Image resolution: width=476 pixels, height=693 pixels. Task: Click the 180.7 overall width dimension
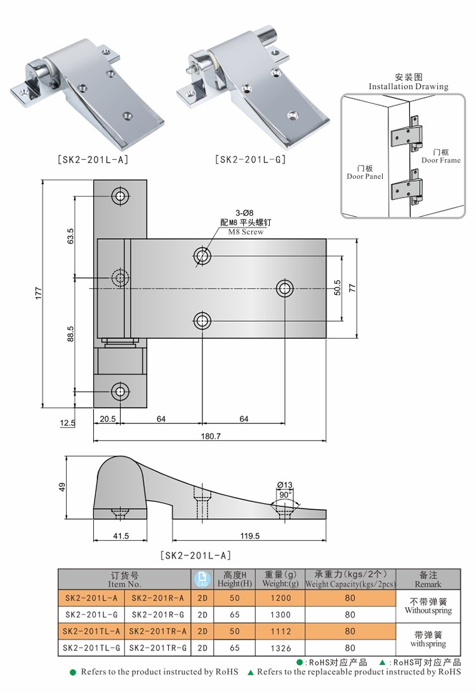(x=209, y=436)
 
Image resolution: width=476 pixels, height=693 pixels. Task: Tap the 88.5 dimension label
(x=70, y=334)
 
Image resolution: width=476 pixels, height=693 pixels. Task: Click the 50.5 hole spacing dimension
(x=337, y=287)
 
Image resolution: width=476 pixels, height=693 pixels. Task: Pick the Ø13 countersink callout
(x=284, y=485)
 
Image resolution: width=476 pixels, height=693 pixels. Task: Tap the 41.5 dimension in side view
(x=121, y=536)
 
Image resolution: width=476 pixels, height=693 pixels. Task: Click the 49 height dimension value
(x=62, y=487)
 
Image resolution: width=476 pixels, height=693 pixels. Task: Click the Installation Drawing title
(x=408, y=86)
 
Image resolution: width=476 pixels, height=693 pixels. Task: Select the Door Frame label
(x=440, y=160)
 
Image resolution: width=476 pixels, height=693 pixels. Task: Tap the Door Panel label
(x=365, y=176)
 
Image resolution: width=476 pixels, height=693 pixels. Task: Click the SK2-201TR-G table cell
(x=157, y=649)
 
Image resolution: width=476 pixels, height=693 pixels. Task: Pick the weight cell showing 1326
(x=281, y=649)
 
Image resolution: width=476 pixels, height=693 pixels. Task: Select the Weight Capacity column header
(x=350, y=583)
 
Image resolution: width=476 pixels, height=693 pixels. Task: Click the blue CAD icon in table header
(x=202, y=579)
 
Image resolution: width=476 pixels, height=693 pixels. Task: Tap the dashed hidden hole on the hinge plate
(x=119, y=277)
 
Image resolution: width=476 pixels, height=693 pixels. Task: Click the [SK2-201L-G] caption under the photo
(x=250, y=159)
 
